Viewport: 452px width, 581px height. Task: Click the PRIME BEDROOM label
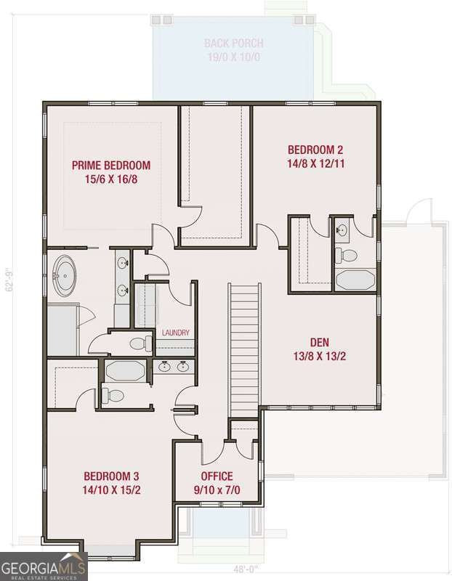pos(110,165)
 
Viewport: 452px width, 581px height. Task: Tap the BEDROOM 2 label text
pos(315,150)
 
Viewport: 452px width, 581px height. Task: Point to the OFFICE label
pos(217,476)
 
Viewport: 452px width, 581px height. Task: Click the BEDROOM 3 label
pos(110,476)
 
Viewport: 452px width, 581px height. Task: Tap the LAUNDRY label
pos(176,333)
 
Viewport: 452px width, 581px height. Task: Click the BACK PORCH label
pos(233,44)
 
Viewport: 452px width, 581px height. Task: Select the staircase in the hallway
pos(244,349)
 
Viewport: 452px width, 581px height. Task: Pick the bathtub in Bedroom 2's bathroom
pos(355,280)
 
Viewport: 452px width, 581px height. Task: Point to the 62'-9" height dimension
pos(9,280)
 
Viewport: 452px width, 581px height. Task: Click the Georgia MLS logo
pos(44,566)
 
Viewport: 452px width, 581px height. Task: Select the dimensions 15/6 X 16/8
pos(110,178)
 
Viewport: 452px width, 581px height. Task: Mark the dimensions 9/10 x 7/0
pos(217,489)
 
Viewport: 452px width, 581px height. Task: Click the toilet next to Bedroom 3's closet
pos(111,396)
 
